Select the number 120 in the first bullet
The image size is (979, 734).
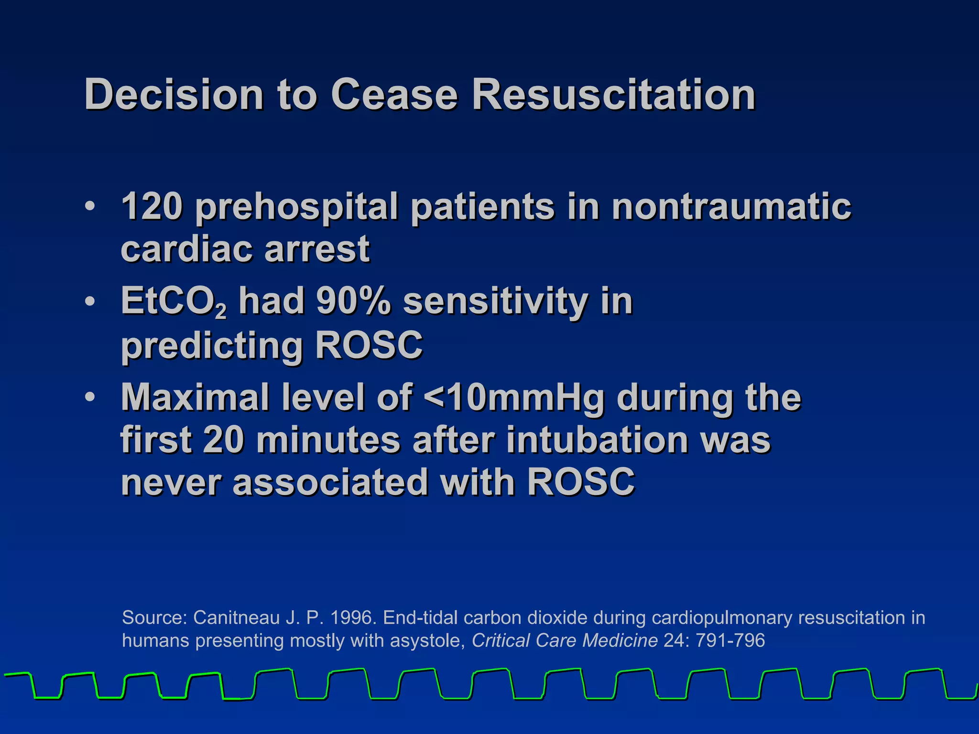152,206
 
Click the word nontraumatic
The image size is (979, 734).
731,206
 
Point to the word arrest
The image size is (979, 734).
317,249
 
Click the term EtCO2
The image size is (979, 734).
173,302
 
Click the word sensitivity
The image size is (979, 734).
496,302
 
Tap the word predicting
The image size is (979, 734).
212,346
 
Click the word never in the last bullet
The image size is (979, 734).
171,483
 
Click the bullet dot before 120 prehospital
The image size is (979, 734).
89,206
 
